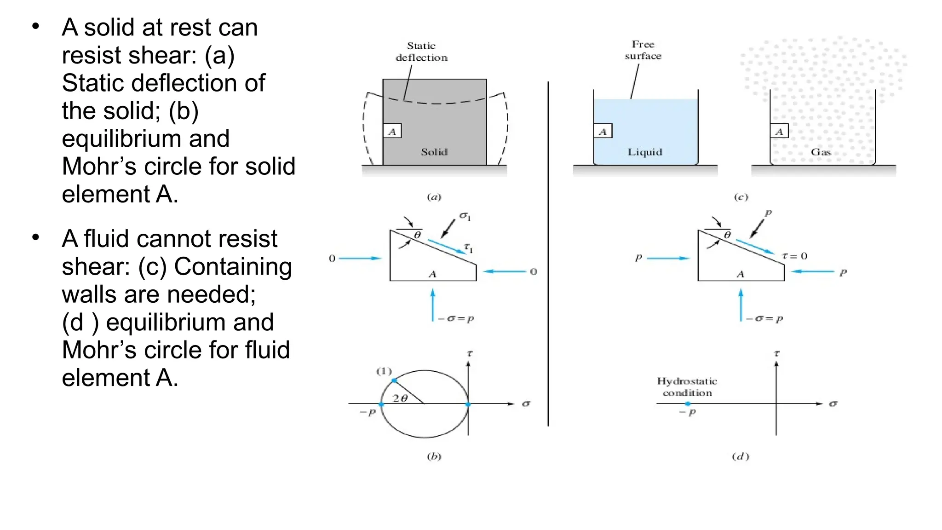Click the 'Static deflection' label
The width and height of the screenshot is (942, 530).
click(x=421, y=52)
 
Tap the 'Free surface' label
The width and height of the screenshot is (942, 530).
click(x=643, y=50)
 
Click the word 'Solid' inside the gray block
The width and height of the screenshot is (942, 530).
click(x=434, y=152)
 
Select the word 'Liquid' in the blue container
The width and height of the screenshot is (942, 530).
click(x=645, y=152)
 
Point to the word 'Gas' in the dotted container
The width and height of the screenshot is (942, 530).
click(x=821, y=152)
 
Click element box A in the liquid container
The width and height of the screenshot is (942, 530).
click(x=603, y=132)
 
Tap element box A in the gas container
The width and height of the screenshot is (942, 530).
click(x=779, y=132)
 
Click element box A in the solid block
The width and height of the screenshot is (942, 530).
click(x=392, y=132)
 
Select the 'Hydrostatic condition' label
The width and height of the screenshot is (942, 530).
click(x=687, y=387)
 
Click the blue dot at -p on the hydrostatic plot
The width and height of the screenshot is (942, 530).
click(x=688, y=404)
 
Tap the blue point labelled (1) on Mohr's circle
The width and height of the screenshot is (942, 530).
click(x=394, y=380)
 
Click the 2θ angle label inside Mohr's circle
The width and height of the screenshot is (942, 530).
click(x=400, y=398)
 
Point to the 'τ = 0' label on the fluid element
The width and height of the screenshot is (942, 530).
click(x=795, y=256)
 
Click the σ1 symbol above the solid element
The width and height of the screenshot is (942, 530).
click(x=465, y=216)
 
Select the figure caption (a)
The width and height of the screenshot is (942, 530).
click(x=434, y=197)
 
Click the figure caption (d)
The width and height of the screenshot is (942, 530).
click(x=741, y=456)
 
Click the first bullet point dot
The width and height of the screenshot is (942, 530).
click(x=36, y=26)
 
